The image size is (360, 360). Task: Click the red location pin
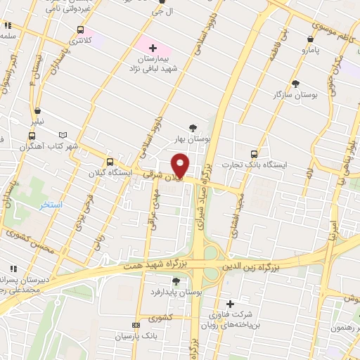pyautogui.click(x=181, y=165)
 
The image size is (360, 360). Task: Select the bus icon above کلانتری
pyautogui.click(x=80, y=30)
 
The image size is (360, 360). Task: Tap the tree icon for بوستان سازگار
pyautogui.click(x=295, y=82)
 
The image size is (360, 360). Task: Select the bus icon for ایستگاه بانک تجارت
pyautogui.click(x=254, y=154)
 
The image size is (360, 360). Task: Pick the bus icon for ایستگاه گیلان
pyautogui.click(x=109, y=161)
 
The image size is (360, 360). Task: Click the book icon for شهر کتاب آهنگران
pyautogui.click(x=65, y=134)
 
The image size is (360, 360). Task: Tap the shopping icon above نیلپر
pyautogui.click(x=37, y=111)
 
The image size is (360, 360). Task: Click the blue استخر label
pyautogui.click(x=51, y=205)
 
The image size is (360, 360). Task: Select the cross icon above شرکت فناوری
pyautogui.click(x=230, y=304)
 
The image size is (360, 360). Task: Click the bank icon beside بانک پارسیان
pyautogui.click(x=136, y=325)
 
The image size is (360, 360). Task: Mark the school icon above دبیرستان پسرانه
pyautogui.click(x=12, y=269)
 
